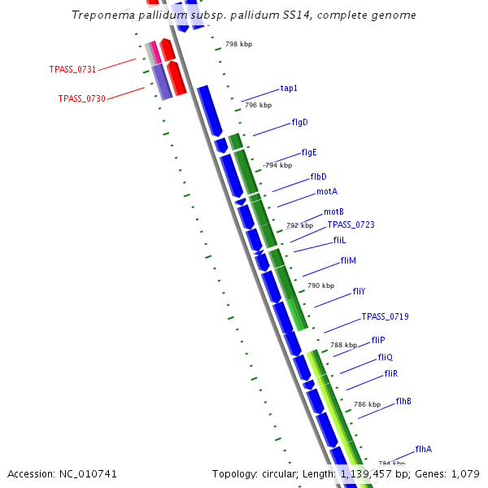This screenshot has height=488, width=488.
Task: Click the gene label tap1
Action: [289, 88]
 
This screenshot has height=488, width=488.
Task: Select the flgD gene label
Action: [299, 123]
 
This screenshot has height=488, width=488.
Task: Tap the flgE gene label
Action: [309, 152]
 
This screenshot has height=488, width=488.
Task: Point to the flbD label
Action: [318, 176]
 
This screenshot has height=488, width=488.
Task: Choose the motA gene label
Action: [327, 192]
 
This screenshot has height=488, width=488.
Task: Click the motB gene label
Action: [333, 211]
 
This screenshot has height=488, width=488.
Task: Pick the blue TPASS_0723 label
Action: [351, 224]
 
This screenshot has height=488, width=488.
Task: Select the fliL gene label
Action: [339, 241]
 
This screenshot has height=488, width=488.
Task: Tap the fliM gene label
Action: [348, 260]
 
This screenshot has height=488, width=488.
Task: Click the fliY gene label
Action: [359, 291]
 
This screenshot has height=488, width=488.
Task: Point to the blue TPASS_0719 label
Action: [385, 316]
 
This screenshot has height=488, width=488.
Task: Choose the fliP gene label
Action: [378, 340]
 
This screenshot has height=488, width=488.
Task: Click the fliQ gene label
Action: [386, 357]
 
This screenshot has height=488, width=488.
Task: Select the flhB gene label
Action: [403, 401]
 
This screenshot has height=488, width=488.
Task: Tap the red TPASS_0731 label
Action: [72, 70]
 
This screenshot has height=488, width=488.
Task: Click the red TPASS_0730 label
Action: [81, 98]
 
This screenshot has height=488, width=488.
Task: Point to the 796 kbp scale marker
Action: [258, 105]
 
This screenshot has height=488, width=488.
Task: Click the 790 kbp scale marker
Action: [320, 285]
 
